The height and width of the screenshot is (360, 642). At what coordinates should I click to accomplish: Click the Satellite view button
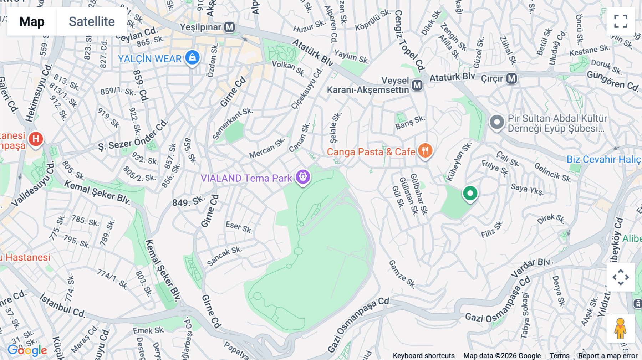tap(92, 21)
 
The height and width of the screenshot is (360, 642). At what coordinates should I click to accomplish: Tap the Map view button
tap(32, 21)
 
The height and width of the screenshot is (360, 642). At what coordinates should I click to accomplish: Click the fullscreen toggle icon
tap(621, 21)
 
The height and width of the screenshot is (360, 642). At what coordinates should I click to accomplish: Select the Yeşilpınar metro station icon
tap(230, 27)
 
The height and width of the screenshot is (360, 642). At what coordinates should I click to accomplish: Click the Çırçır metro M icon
tap(511, 78)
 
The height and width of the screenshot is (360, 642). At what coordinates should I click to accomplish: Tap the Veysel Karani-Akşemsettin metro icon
tap(417, 85)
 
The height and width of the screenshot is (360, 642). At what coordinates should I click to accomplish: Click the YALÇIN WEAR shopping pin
tap(192, 57)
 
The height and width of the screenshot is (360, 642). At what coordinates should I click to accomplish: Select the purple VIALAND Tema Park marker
tap(303, 177)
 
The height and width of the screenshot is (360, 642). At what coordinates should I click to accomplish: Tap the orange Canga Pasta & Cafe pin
tap(425, 151)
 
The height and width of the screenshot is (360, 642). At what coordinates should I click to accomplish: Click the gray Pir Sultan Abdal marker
tap(496, 122)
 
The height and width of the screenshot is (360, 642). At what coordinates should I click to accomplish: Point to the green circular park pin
tap(470, 194)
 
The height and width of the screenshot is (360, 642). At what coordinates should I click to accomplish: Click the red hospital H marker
tap(36, 139)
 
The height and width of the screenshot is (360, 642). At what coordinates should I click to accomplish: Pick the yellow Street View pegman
tap(620, 329)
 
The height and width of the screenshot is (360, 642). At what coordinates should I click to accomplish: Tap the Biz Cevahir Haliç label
tap(603, 159)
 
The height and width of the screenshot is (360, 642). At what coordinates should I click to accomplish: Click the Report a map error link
tap(608, 356)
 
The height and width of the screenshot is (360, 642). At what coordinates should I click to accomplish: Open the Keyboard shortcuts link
tap(423, 356)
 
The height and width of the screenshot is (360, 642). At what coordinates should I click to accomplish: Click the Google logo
tap(27, 350)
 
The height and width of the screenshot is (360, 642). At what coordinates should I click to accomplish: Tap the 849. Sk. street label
tap(189, 201)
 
